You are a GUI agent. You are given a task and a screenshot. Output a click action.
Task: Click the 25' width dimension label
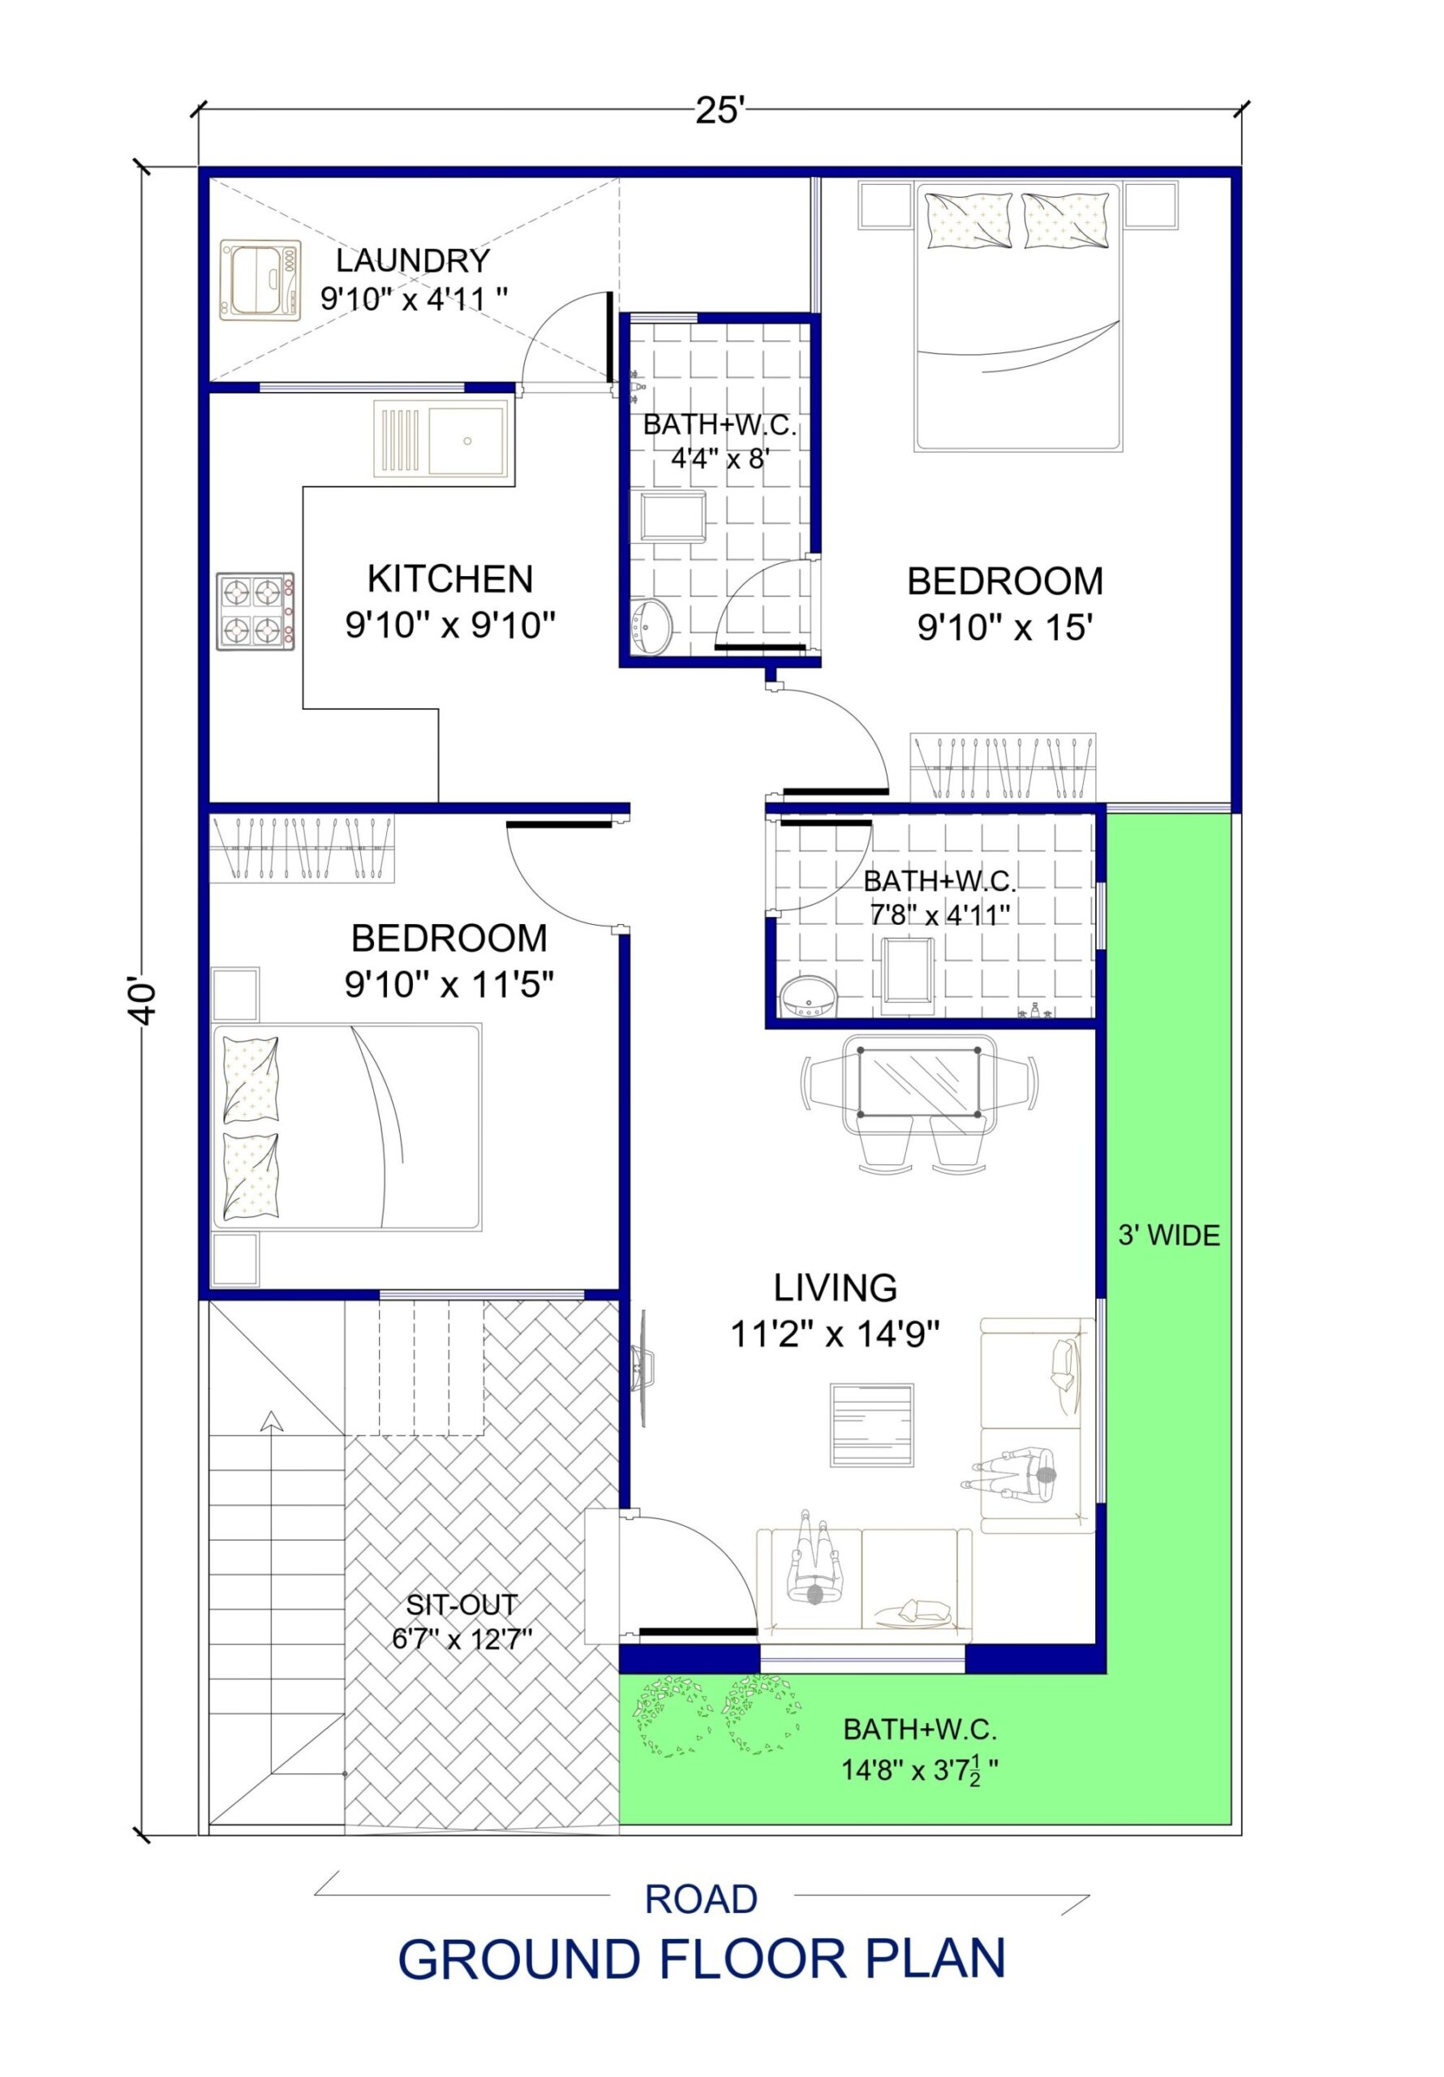(720, 110)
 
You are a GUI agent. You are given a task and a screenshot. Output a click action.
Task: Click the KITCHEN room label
(449, 578)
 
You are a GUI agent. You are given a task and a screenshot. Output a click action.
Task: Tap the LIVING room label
(834, 1288)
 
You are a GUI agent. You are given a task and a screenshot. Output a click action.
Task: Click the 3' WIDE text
(1169, 1236)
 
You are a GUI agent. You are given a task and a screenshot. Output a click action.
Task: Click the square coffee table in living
(872, 1425)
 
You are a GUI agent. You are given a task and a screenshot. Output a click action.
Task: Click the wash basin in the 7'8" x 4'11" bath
(809, 998)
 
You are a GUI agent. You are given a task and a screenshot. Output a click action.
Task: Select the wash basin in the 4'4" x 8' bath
(651, 625)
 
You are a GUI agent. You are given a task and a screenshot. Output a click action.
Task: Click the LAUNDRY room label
(413, 260)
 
